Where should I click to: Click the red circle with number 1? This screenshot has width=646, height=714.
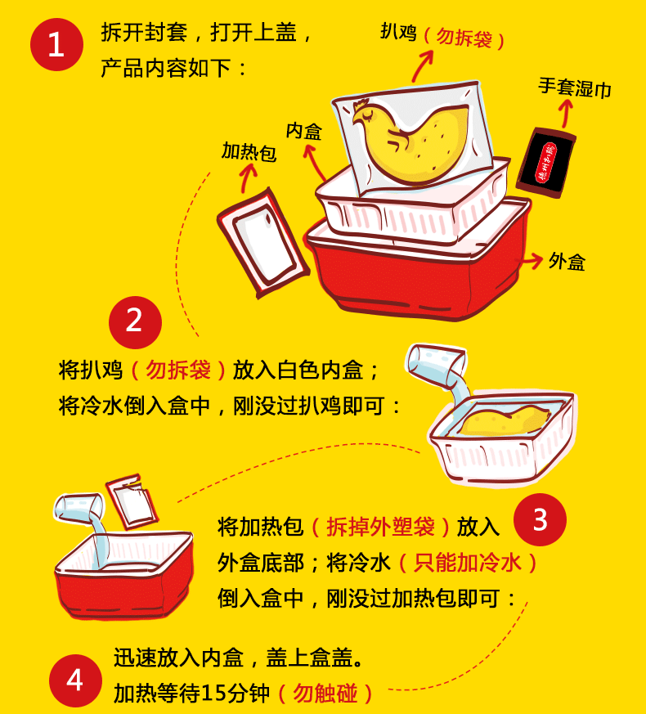tap(56, 45)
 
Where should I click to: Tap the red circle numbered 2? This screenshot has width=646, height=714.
tap(135, 321)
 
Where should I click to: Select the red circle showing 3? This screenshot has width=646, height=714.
tap(540, 519)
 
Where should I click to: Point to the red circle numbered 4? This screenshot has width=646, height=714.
tap(75, 679)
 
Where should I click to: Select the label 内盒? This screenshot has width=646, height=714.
tap(304, 131)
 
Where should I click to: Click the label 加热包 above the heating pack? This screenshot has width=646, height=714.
tap(249, 151)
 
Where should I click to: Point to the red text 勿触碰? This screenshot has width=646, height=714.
tap(325, 694)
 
